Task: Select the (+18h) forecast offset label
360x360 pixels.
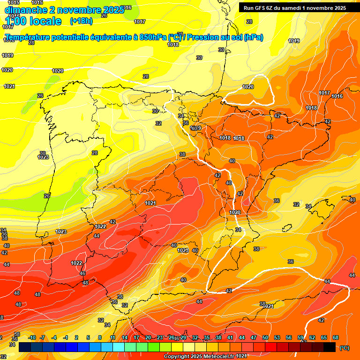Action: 81,21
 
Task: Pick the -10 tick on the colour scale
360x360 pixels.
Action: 32,337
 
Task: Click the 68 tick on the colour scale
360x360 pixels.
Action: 336,337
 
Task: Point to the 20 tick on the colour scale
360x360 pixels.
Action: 148,337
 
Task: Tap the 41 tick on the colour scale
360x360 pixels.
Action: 230,337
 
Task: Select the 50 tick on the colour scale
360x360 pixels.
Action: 265,337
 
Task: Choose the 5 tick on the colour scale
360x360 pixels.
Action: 88,337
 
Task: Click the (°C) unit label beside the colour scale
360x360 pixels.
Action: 344,348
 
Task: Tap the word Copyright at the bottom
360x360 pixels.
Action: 177,357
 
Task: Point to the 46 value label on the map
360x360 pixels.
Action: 82,273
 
